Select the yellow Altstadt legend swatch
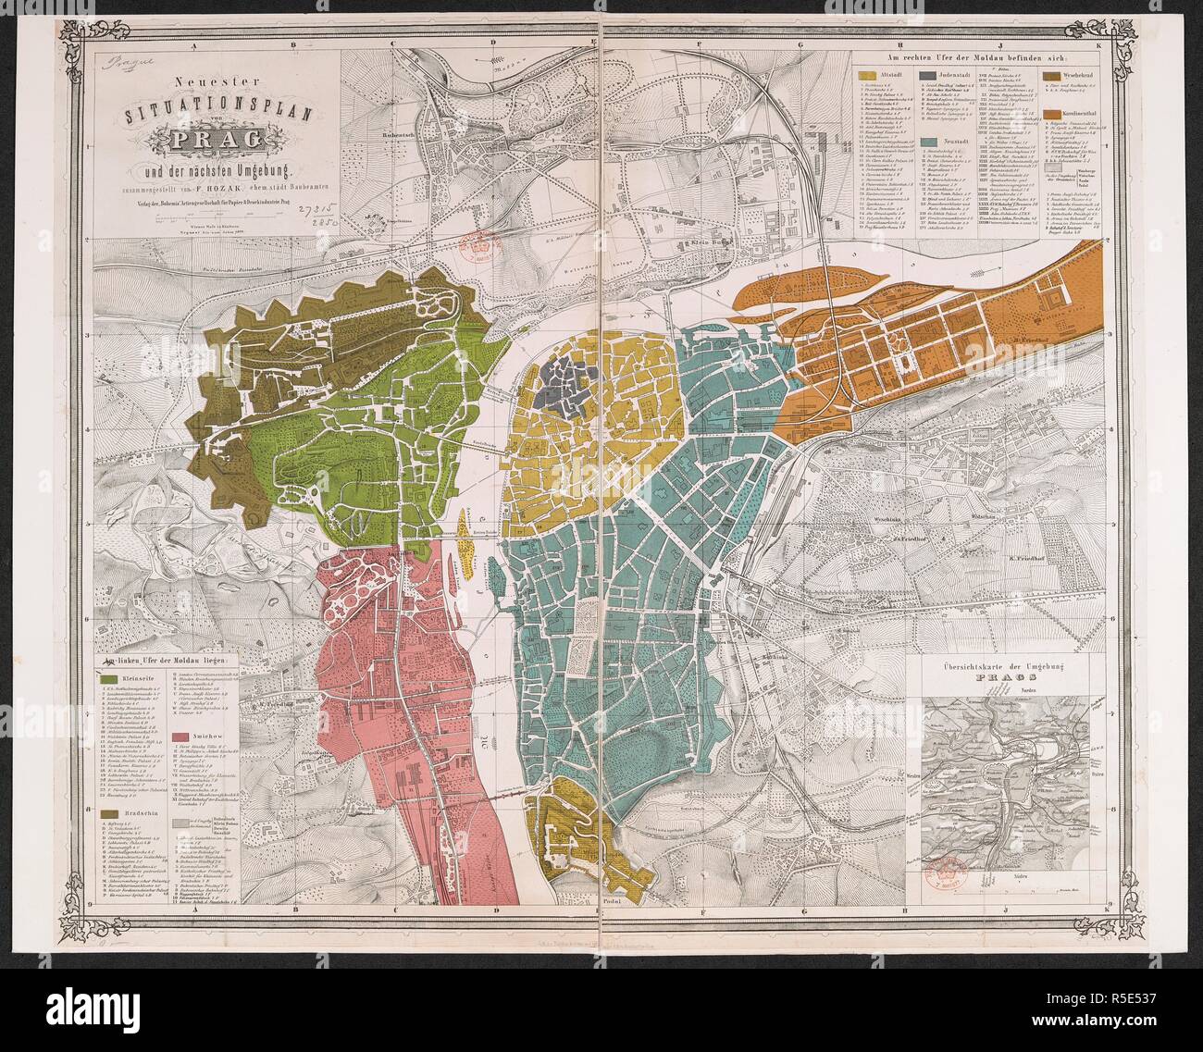[867, 75]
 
